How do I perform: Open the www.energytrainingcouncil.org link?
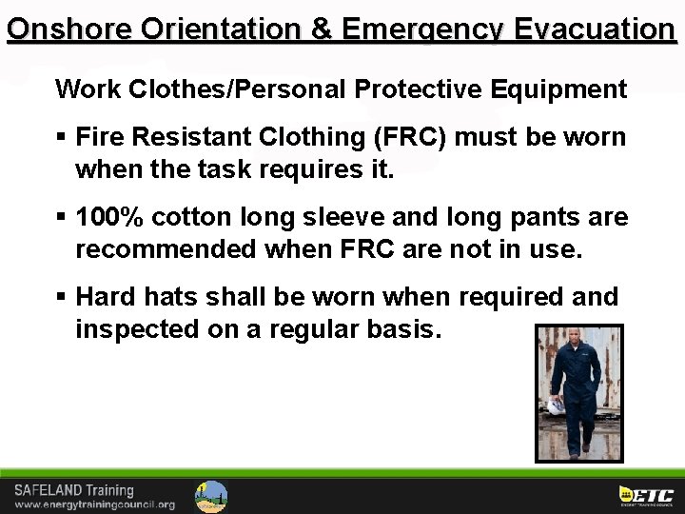click(x=94, y=504)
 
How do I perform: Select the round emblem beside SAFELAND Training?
click(x=211, y=496)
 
